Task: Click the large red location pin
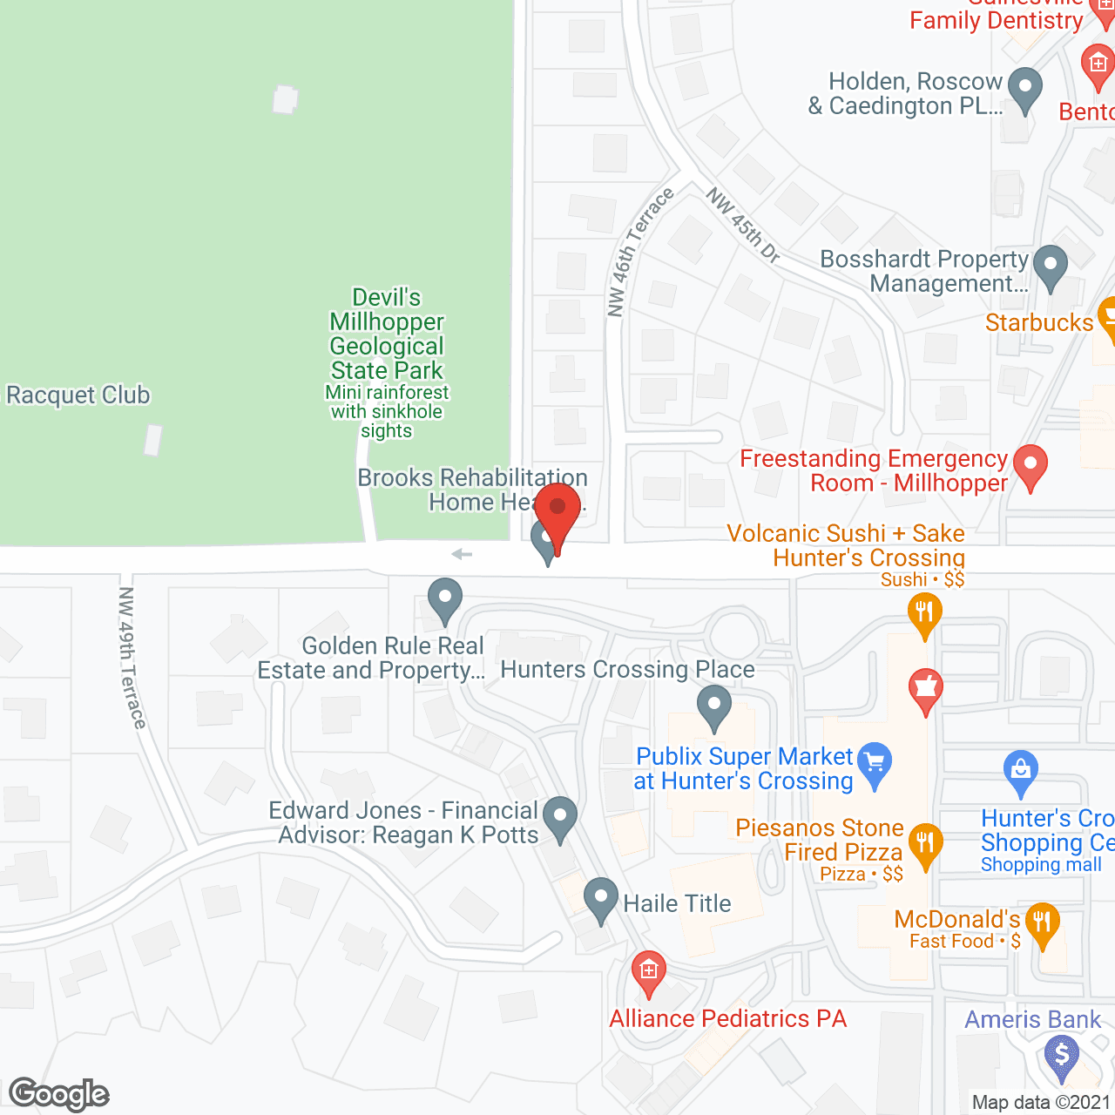(x=557, y=510)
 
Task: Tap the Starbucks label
(x=1038, y=323)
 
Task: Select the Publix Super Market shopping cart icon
(x=875, y=762)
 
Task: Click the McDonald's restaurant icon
(x=1042, y=922)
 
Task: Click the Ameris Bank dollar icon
(x=1061, y=1055)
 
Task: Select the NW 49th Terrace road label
(x=132, y=657)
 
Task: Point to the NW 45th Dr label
(x=743, y=225)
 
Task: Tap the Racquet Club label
(x=78, y=395)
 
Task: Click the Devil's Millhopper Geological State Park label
(x=387, y=334)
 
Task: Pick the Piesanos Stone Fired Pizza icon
(x=924, y=843)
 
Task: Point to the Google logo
(x=59, y=1094)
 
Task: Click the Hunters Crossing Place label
(x=627, y=670)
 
